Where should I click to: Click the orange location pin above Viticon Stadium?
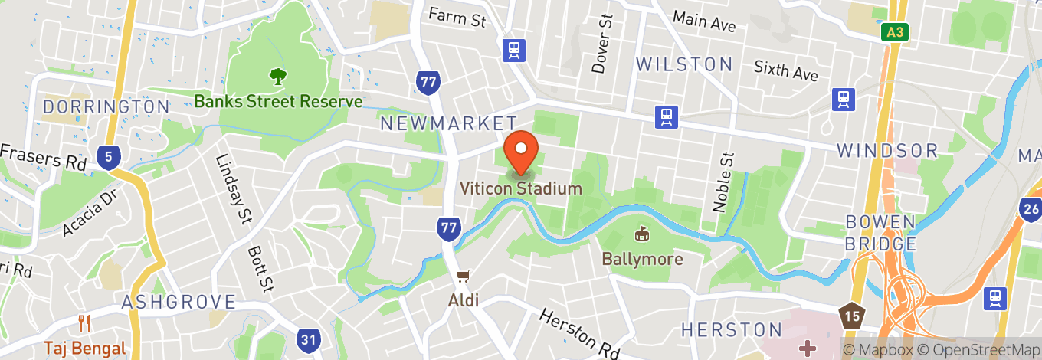[521, 151]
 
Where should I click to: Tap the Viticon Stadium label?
[521, 188]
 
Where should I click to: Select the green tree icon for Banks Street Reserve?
[277, 77]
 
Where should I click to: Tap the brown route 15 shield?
[850, 314]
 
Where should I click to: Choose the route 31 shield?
[309, 338]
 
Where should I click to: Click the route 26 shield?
[1031, 209]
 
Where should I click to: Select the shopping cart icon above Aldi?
[464, 276]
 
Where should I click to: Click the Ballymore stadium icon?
[642, 234]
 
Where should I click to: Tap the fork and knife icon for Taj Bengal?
[84, 324]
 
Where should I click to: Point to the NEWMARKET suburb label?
[449, 123]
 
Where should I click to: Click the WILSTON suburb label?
[684, 64]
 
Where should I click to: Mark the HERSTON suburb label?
[732, 330]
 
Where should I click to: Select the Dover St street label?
[603, 43]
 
